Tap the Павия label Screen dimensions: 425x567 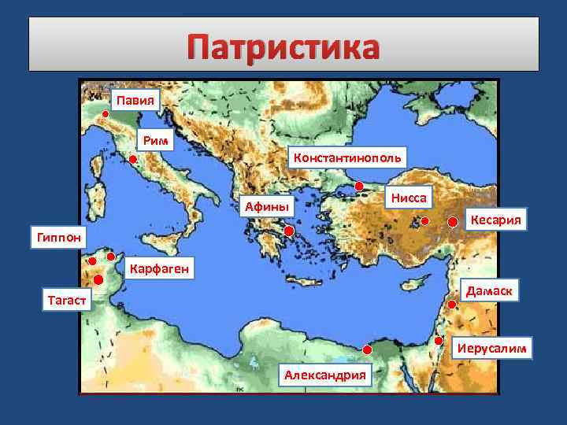pos(135,100)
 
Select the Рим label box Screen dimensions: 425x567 pos(155,141)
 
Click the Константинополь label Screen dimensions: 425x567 pos(348,157)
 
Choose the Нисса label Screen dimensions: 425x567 pos(409,198)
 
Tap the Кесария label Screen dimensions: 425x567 pos(496,218)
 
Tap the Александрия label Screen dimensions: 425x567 pos(324,375)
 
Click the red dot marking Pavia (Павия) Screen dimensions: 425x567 pos(106,113)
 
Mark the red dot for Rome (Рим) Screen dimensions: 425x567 pos(133,160)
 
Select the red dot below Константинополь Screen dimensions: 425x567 pos(359,187)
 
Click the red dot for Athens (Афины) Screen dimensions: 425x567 pos(289,231)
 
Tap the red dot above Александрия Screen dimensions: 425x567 pos(367,349)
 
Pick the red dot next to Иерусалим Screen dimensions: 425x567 pos(438,341)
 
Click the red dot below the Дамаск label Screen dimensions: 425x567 pos(451,304)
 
